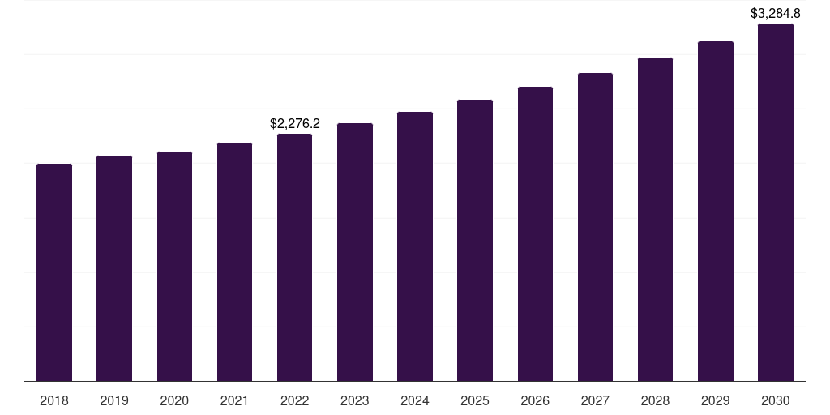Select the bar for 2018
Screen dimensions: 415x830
tap(54, 272)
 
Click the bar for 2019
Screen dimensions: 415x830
tap(114, 268)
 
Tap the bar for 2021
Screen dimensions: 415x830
tap(234, 262)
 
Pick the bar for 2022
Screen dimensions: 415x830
tap(294, 257)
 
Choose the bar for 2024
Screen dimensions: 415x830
tap(415, 246)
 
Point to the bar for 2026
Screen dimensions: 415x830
tap(535, 233)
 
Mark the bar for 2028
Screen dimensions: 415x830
tap(655, 219)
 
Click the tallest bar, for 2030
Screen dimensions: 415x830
tap(776, 202)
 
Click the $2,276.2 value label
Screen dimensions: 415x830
tap(295, 124)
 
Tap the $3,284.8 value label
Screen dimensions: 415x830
tap(776, 14)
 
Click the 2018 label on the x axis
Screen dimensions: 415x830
tap(54, 400)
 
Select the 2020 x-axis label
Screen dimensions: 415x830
tap(174, 400)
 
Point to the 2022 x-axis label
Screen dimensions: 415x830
tap(294, 400)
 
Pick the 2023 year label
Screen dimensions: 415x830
tap(355, 400)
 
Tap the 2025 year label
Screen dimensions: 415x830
tap(475, 400)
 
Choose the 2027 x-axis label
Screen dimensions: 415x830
tap(595, 400)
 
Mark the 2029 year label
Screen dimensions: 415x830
tap(716, 400)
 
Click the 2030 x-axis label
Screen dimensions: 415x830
tap(776, 400)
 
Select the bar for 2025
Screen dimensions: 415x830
tap(475, 240)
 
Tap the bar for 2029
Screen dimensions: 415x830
tap(716, 211)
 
